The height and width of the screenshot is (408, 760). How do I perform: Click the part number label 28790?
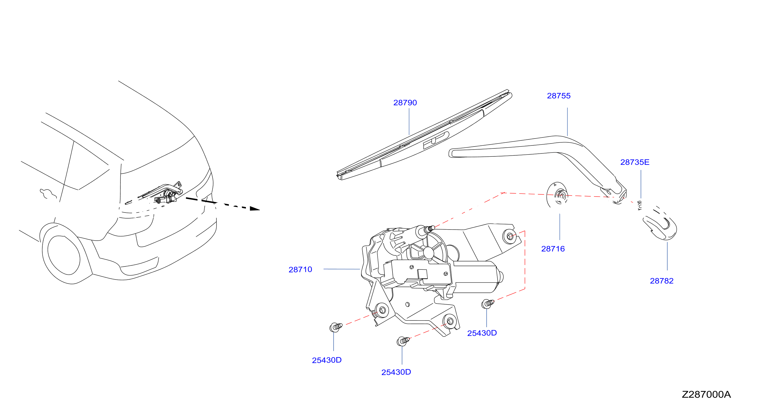click(405, 103)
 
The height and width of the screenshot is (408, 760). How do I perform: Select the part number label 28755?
click(558, 96)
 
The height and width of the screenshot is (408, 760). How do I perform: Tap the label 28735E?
click(635, 162)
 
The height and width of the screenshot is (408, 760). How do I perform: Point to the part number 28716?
click(553, 249)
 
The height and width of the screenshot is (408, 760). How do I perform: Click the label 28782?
click(662, 281)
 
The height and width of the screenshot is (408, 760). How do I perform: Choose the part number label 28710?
click(300, 269)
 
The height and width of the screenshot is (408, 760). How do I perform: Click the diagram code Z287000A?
click(706, 395)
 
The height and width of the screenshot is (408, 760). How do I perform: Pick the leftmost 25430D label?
click(327, 360)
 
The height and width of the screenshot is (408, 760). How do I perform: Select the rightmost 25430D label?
click(482, 333)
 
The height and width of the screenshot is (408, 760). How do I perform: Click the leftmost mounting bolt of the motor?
click(336, 327)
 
